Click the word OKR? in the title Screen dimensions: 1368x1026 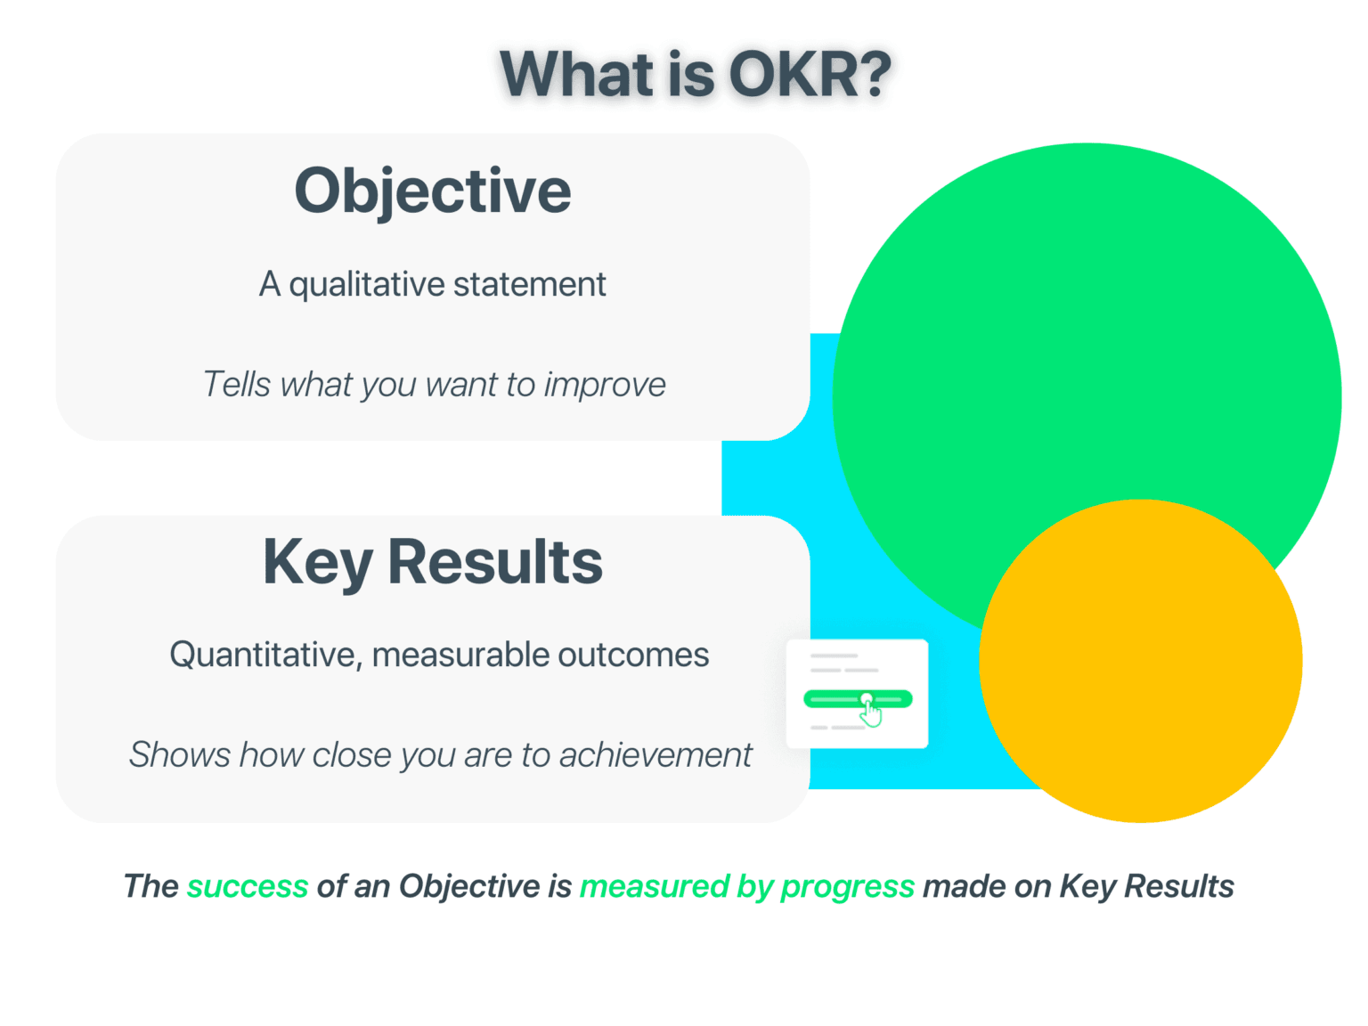tap(810, 75)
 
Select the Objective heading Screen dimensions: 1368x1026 tap(433, 191)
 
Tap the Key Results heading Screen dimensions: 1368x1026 tap(433, 563)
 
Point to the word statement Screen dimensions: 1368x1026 tap(529, 285)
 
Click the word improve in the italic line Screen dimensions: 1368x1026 tap(605, 385)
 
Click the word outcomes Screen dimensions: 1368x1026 tap(633, 655)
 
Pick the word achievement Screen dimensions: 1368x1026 tap(655, 755)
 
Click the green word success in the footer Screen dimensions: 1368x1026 tap(248, 886)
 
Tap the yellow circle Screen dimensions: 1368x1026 tap(1141, 662)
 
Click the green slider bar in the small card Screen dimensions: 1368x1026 tap(859, 699)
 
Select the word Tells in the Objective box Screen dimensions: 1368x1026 tap(237, 385)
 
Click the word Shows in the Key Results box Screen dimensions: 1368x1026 tap(180, 755)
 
